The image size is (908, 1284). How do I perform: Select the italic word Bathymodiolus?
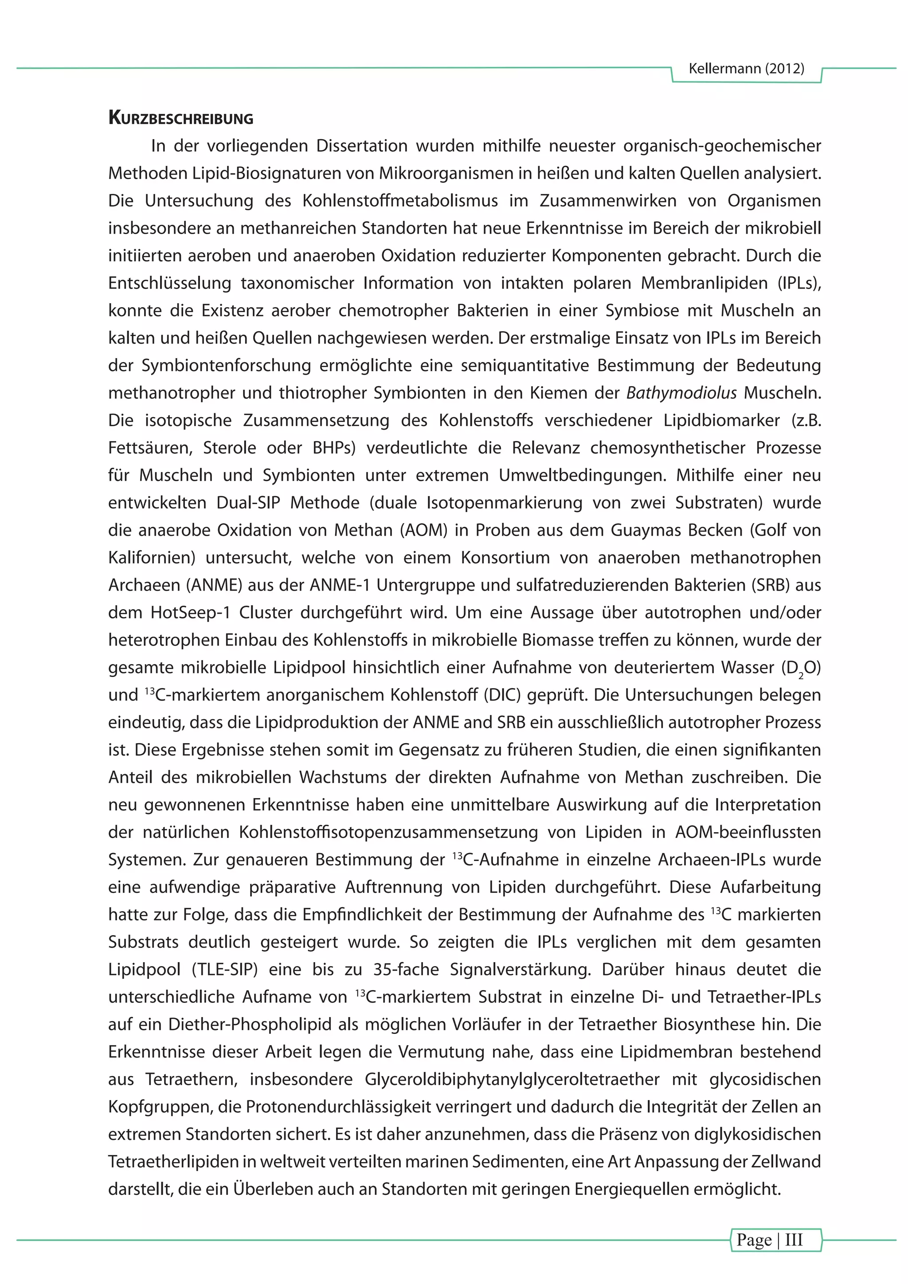(x=681, y=393)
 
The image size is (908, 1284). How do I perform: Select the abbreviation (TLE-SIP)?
(x=224, y=969)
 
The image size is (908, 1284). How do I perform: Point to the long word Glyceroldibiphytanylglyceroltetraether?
(x=512, y=1079)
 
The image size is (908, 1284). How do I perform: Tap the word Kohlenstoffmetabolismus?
(x=400, y=201)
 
